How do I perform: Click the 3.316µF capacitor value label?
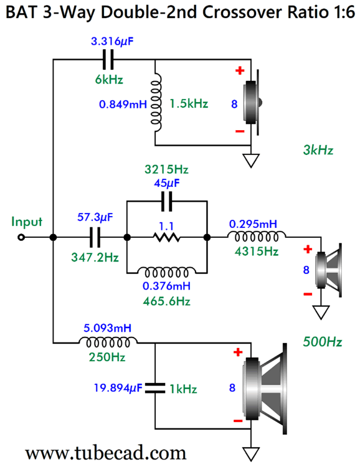point(112,41)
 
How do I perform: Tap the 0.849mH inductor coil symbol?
point(156,102)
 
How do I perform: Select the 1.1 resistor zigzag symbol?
point(166,237)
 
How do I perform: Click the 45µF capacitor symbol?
point(166,201)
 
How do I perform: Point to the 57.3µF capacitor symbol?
point(95,237)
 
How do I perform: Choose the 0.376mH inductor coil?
point(166,271)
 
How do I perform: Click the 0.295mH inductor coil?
point(257,237)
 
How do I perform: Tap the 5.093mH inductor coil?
point(108,342)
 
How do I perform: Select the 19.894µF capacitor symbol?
point(155,388)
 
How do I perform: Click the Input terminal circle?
point(21,237)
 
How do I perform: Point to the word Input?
point(27,222)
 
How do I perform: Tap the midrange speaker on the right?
point(329,270)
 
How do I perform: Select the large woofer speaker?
point(265,389)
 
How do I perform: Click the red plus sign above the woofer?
point(238,352)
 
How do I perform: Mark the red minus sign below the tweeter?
point(240,131)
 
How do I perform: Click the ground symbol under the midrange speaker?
point(321,313)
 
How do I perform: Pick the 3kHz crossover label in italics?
point(318,150)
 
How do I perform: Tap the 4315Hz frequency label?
point(257,252)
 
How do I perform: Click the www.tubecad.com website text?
point(106,453)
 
